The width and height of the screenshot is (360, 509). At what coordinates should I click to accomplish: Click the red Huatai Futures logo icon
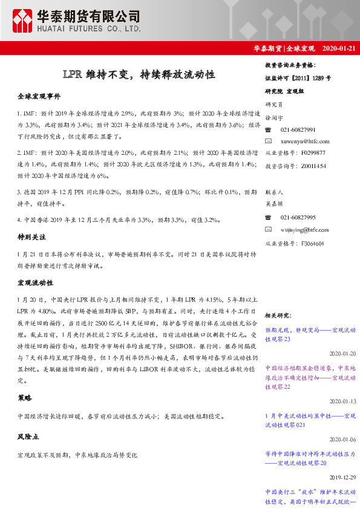click(24, 20)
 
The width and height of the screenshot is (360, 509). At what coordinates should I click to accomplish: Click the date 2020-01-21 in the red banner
click(339, 48)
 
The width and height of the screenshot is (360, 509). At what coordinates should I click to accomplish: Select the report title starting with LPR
click(139, 75)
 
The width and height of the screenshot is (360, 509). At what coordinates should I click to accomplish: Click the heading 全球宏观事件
click(39, 96)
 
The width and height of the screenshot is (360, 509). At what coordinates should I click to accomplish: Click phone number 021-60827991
click(298, 130)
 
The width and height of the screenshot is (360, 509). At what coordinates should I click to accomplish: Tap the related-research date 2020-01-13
click(342, 401)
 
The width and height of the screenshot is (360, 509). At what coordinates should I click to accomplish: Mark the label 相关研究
click(278, 315)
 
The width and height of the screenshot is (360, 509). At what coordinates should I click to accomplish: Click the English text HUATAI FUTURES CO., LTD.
click(90, 28)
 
